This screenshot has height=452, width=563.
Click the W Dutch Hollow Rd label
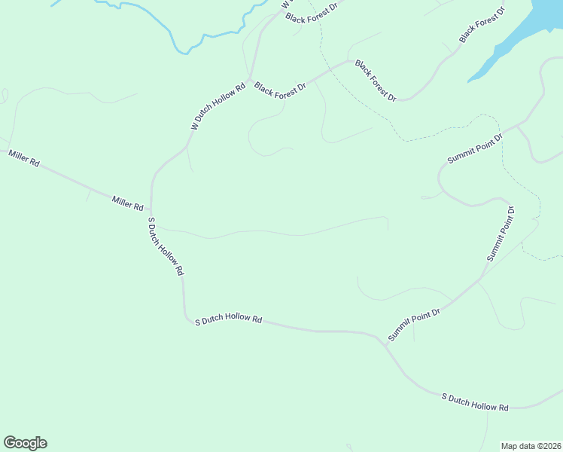click(x=218, y=107)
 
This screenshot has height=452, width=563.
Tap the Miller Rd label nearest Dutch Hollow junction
click(x=127, y=203)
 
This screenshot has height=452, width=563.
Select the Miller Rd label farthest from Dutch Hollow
click(x=23, y=158)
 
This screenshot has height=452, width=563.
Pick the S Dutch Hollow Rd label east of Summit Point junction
click(x=474, y=402)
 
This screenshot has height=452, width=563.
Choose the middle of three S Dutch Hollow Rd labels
click(x=228, y=320)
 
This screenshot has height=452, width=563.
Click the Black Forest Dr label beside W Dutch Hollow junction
click(x=280, y=88)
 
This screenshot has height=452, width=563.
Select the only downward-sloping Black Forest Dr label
click(x=376, y=81)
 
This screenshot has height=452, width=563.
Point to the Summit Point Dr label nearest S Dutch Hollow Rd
click(x=414, y=323)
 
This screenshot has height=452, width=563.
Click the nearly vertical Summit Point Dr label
click(x=501, y=234)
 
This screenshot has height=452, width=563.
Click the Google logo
click(x=25, y=443)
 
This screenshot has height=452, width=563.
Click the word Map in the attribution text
click(x=510, y=445)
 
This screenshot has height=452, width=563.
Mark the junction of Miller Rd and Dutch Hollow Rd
click(x=151, y=212)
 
